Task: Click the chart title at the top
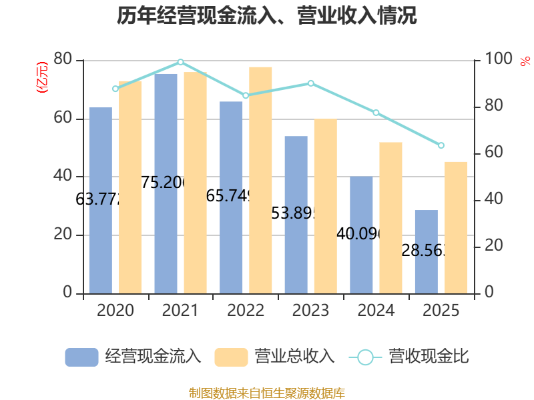(x=267, y=16)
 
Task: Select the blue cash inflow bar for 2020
(x=101, y=200)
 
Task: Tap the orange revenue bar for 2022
(x=260, y=180)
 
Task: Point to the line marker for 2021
(x=181, y=62)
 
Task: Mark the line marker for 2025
(x=441, y=145)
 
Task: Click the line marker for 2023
(x=311, y=83)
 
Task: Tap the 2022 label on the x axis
(x=246, y=311)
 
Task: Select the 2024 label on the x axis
(x=376, y=311)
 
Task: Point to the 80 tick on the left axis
(x=63, y=60)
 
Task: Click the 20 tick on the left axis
(x=63, y=235)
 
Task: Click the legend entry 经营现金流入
(x=133, y=357)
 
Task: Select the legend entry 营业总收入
(x=274, y=357)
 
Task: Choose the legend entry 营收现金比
(x=409, y=357)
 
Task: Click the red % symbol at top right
(x=525, y=61)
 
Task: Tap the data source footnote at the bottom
(x=267, y=393)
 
